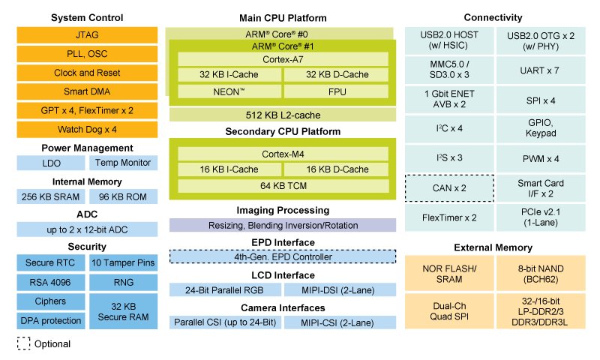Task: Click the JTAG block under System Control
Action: coord(87,34)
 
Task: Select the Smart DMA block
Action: coord(87,92)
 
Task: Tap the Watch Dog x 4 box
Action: coord(87,129)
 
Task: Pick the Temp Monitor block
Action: coord(123,163)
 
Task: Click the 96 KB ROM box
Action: coord(123,196)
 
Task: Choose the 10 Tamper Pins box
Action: coord(123,262)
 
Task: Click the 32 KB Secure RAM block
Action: coord(123,310)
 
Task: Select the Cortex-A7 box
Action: coord(283,58)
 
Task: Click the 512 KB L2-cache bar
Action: coord(283,115)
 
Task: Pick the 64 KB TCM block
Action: coord(283,185)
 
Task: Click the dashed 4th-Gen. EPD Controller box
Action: coord(283,256)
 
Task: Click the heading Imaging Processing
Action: coord(283,210)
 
